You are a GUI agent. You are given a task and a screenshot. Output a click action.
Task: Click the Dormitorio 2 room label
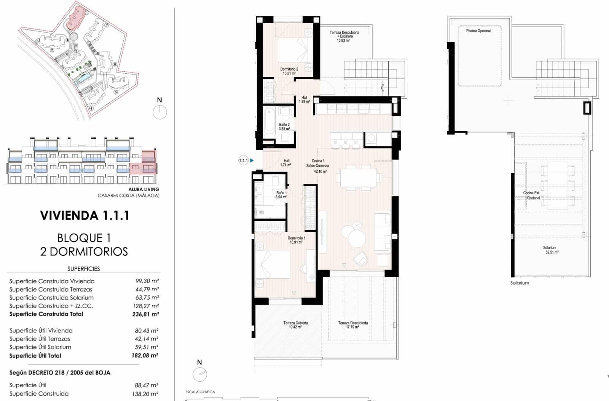(x=289, y=71)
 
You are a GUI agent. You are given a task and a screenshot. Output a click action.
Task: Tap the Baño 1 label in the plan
(x=281, y=195)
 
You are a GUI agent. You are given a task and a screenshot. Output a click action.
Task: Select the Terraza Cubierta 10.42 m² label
(x=295, y=325)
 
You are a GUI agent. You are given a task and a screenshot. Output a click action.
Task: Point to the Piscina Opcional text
(x=478, y=30)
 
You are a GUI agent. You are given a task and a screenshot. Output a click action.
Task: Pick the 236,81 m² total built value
(x=145, y=314)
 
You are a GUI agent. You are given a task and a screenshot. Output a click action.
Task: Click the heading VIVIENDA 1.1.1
(x=84, y=215)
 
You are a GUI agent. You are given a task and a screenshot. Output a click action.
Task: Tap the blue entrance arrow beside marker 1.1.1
(x=252, y=160)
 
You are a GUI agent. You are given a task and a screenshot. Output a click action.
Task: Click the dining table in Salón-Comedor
(x=358, y=178)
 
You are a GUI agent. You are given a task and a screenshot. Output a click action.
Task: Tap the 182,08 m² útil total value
(x=145, y=356)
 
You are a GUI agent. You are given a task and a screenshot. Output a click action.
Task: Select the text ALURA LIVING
(x=143, y=189)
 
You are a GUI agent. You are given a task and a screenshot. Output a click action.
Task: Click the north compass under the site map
(x=160, y=112)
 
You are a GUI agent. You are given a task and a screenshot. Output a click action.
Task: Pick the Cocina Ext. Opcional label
(x=532, y=195)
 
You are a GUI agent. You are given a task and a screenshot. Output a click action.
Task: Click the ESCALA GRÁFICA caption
(x=200, y=392)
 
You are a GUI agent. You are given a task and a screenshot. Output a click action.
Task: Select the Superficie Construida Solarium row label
(x=51, y=298)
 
